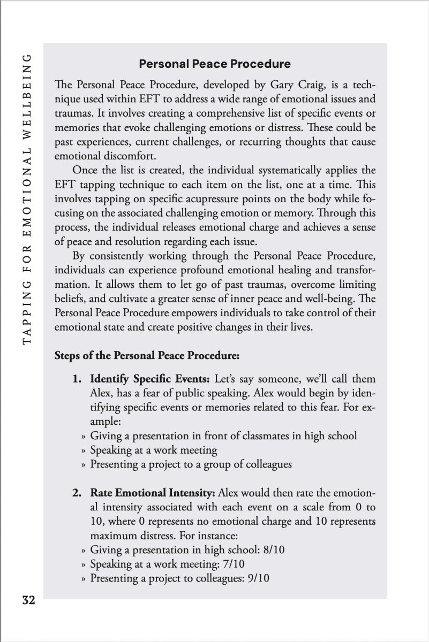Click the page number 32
click(x=28, y=600)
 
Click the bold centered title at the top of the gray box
click(x=215, y=64)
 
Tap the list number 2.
click(x=77, y=493)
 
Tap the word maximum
click(x=114, y=534)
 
